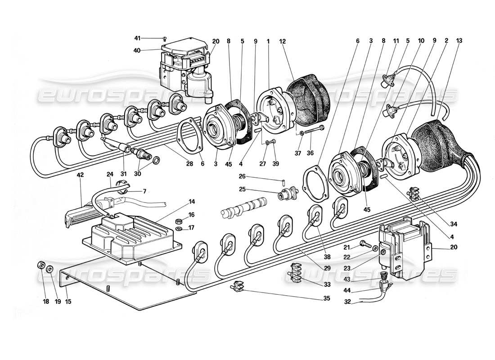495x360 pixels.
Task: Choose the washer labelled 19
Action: tap(49, 269)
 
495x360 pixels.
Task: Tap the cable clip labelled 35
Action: tap(238, 285)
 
